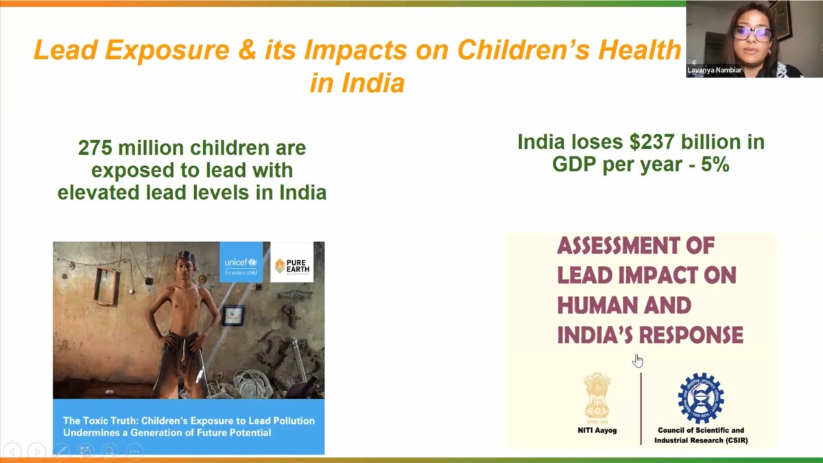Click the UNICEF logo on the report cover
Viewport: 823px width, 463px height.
pos(241,262)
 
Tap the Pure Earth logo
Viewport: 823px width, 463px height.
pos(292,263)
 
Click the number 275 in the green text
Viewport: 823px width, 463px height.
pos(95,148)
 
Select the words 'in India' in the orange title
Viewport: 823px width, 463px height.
pos(357,83)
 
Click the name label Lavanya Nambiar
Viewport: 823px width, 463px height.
pos(715,70)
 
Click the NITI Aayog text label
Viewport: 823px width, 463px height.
pos(597,430)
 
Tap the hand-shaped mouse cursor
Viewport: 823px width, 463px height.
pos(638,361)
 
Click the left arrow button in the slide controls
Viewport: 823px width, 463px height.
pos(13,451)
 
